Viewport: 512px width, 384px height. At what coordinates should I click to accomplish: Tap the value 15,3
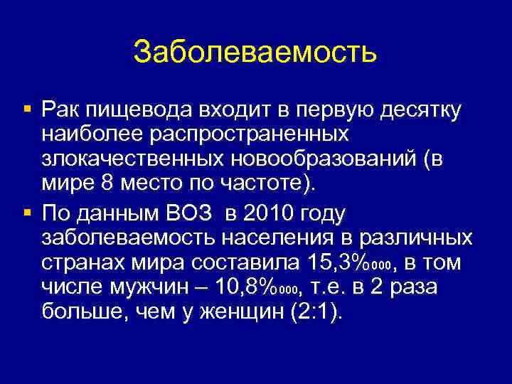click(329, 262)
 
